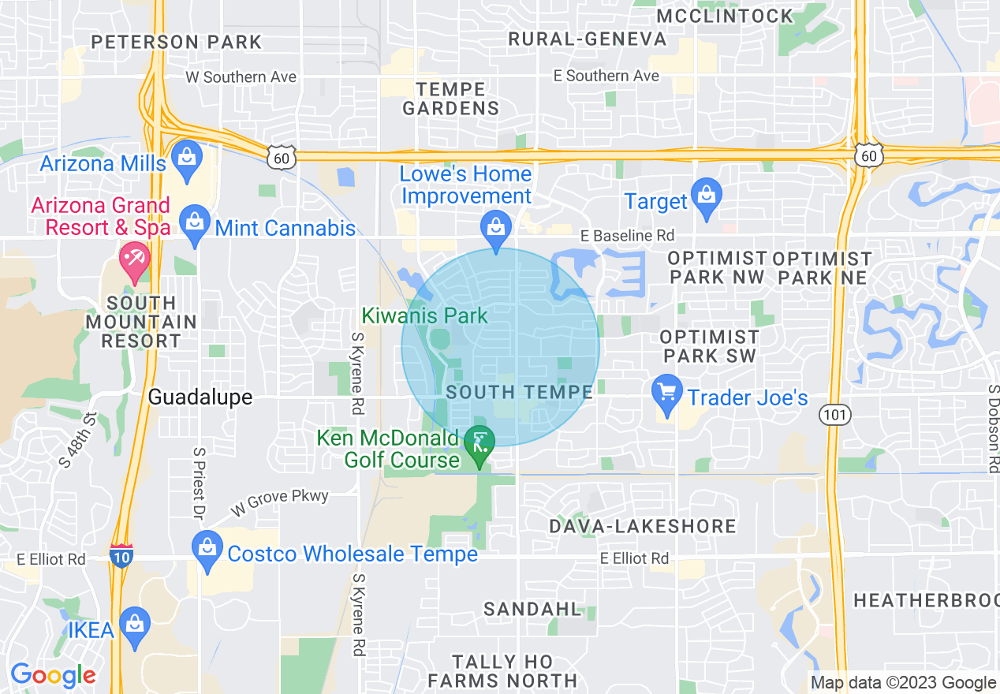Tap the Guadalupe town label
pyautogui.click(x=200, y=397)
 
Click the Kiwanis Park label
pyautogui.click(x=424, y=315)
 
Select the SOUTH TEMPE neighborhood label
pyautogui.click(x=519, y=392)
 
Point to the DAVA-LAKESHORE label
pyautogui.click(x=643, y=526)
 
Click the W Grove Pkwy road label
pyautogui.click(x=279, y=502)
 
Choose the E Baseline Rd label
pyautogui.click(x=628, y=236)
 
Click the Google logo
pyautogui.click(x=52, y=676)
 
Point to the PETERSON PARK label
pyautogui.click(x=176, y=42)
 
